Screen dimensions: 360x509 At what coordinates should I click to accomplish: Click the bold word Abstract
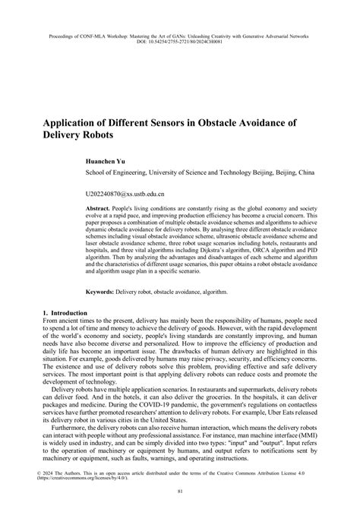click(x=98, y=207)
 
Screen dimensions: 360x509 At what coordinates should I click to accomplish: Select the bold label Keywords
click(x=101, y=291)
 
